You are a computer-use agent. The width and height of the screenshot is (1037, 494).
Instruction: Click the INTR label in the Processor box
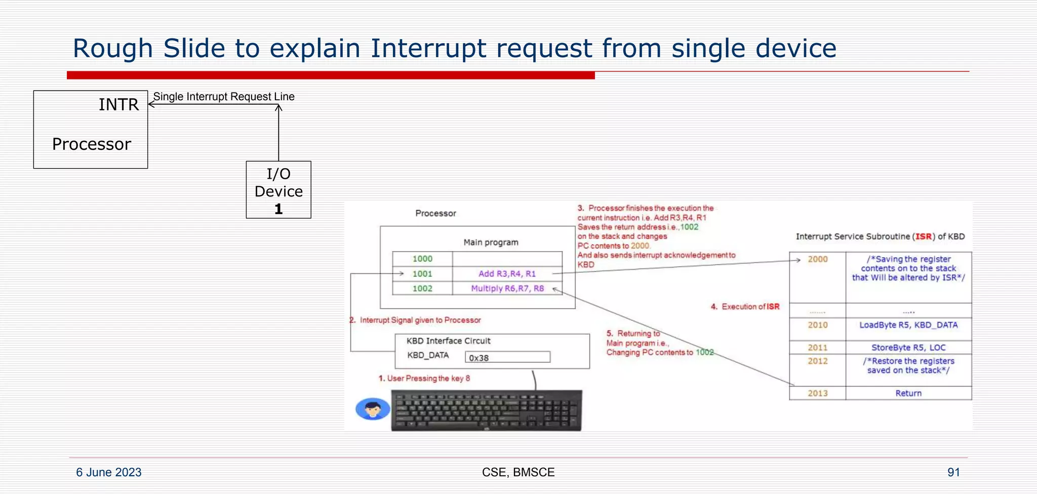pos(118,104)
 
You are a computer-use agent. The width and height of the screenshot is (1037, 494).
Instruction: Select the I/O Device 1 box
pos(278,190)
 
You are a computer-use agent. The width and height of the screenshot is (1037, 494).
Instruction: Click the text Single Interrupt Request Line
pos(223,97)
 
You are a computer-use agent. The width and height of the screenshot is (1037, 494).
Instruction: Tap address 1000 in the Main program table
pos(422,259)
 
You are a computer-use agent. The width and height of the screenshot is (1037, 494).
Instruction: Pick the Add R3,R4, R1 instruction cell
pos(507,274)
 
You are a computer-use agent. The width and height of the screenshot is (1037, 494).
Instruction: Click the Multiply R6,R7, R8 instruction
pos(507,289)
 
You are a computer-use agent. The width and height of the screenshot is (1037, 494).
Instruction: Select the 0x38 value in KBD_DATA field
pos(479,358)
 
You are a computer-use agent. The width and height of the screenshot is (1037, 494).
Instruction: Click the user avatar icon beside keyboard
pos(373,409)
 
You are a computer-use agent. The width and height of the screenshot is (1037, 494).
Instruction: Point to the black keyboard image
pos(487,410)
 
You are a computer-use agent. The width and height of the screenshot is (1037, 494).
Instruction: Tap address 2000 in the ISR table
pos(818,259)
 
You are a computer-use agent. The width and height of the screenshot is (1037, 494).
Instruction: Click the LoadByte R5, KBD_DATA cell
pos(908,325)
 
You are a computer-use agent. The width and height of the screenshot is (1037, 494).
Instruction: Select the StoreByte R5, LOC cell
pos(908,348)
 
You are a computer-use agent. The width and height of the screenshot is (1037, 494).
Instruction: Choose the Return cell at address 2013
pos(908,393)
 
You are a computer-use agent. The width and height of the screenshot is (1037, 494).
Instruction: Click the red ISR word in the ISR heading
pos(924,236)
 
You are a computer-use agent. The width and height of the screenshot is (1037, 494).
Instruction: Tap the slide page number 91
pos(953,472)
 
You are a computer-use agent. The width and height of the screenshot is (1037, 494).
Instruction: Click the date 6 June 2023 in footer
pos(109,472)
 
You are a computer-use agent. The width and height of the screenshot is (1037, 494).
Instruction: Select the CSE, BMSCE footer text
pos(518,472)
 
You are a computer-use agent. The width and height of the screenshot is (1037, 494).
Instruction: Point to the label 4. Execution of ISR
pos(745,307)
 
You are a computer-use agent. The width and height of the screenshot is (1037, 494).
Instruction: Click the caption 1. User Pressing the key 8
pos(424,379)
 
